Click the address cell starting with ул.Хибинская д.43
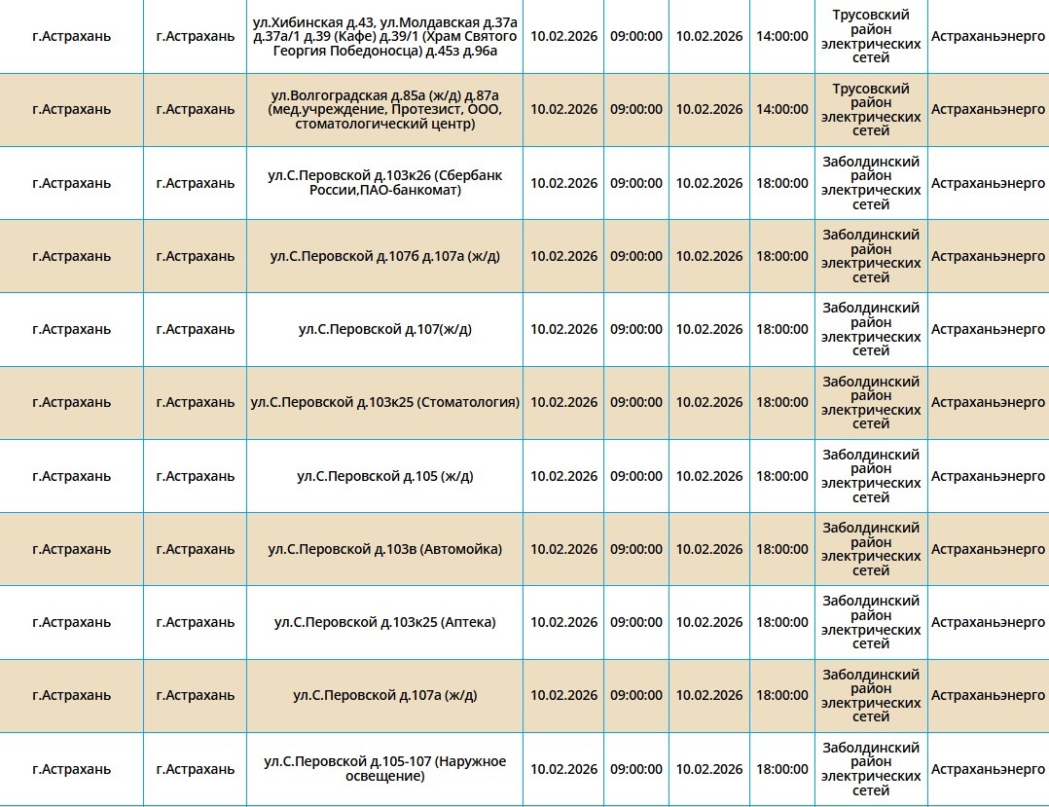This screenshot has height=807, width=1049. (x=384, y=36)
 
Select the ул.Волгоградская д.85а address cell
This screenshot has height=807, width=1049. (x=384, y=109)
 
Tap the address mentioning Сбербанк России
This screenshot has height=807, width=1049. (x=384, y=183)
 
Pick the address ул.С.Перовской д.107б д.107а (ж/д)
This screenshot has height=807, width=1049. (x=384, y=256)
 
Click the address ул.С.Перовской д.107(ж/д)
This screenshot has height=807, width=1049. (x=384, y=329)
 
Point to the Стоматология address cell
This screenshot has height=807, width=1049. (x=384, y=402)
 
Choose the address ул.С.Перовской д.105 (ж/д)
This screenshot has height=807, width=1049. (x=384, y=476)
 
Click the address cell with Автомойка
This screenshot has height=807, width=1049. (x=384, y=549)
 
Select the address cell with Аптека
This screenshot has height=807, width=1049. (x=384, y=622)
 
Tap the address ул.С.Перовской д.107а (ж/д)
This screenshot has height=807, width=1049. (x=384, y=695)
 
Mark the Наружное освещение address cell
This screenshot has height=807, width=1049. (x=384, y=768)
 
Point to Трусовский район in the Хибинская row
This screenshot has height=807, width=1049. (x=871, y=36)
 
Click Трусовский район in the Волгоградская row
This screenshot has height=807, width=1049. (x=871, y=109)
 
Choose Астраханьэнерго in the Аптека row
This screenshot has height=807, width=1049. (x=988, y=622)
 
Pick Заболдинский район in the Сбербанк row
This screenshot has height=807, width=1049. (x=871, y=183)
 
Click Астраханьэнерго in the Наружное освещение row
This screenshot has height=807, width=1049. (x=988, y=768)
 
